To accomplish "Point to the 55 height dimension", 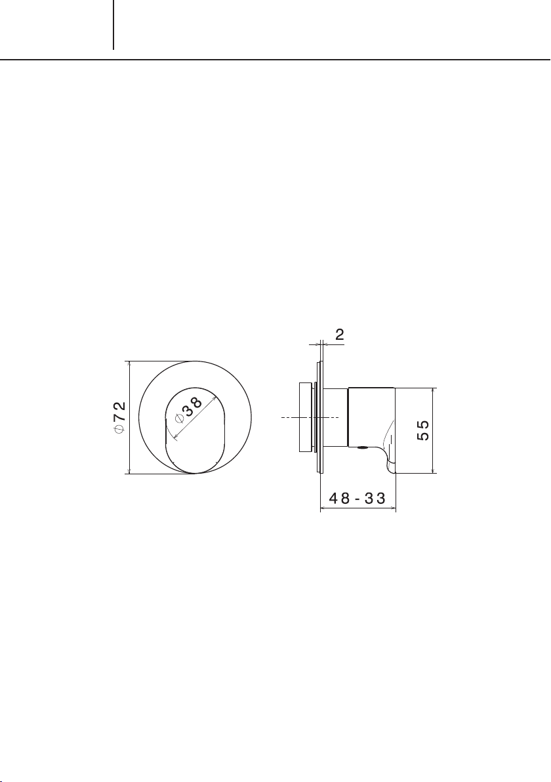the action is (423, 430).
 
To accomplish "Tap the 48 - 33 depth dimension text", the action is (357, 498).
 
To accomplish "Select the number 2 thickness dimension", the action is (340, 335).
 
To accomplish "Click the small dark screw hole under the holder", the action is (363, 447).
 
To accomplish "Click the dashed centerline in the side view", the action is (310, 417).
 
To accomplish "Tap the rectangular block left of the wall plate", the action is (305, 417).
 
